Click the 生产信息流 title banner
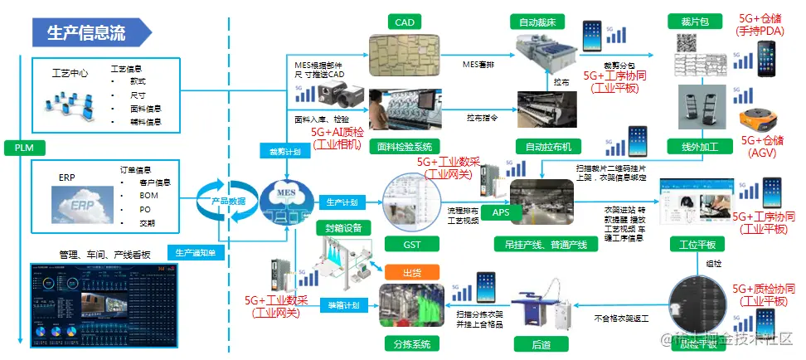point(87,32)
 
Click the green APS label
point(502,212)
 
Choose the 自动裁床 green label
point(542,18)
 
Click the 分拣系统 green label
point(410,342)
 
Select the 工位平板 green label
point(697,244)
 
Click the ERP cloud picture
point(75,202)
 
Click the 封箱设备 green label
point(342,226)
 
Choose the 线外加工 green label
point(697,147)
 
